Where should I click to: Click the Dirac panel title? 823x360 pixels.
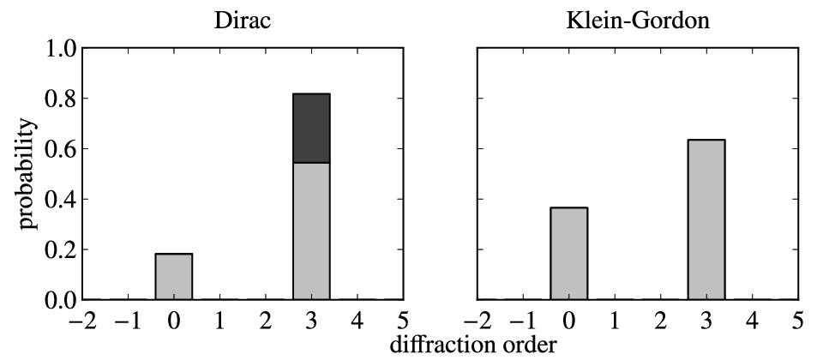(243, 20)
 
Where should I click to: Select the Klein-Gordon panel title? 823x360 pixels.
(638, 20)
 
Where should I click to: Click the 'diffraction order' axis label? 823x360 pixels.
(472, 345)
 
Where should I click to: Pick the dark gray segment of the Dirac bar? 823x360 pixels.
(311, 128)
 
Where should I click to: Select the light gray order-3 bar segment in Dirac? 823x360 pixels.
(311, 231)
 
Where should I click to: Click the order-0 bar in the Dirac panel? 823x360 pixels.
(174, 277)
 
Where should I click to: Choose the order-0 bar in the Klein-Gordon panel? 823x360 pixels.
(569, 254)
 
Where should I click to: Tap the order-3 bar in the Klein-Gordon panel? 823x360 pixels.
(706, 219)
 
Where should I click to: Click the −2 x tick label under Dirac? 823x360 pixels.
(82, 320)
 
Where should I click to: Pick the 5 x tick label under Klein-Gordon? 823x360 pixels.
(798, 320)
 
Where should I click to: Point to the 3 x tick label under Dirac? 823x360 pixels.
(311, 320)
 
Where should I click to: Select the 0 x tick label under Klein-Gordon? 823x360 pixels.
(569, 320)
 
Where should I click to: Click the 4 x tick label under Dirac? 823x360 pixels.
(357, 320)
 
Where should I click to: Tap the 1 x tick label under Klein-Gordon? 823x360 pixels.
(615, 320)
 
